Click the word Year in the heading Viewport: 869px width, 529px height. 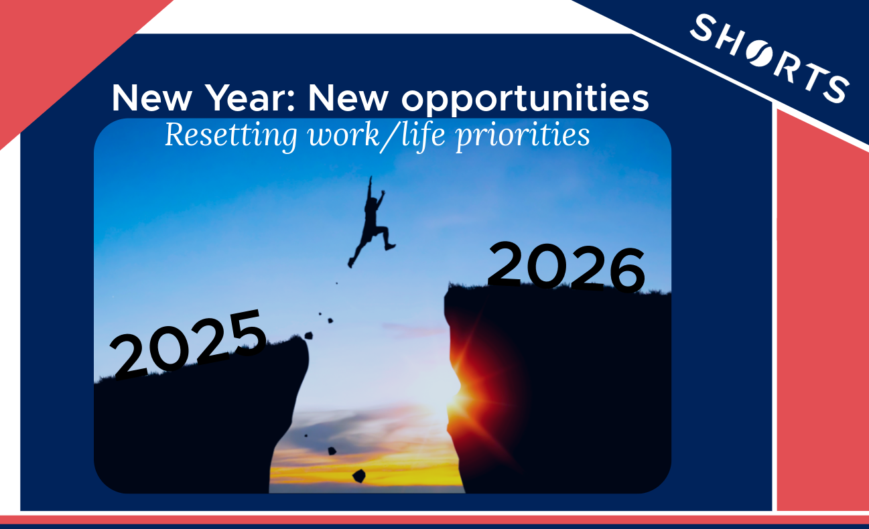click(x=249, y=98)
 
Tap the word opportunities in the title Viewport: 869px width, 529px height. click(x=525, y=100)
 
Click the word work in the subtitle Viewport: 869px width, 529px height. click(x=343, y=135)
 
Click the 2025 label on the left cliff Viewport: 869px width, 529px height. click(x=188, y=344)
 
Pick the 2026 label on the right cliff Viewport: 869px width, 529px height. click(x=566, y=267)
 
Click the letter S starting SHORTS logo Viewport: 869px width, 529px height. click(x=703, y=28)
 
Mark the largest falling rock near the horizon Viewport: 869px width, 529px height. click(x=359, y=475)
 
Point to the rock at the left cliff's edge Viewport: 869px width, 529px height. click(x=309, y=335)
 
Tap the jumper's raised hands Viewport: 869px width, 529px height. click(x=377, y=185)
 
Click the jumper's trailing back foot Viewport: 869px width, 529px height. click(x=350, y=263)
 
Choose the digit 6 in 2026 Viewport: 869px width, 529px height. click(x=627, y=271)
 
